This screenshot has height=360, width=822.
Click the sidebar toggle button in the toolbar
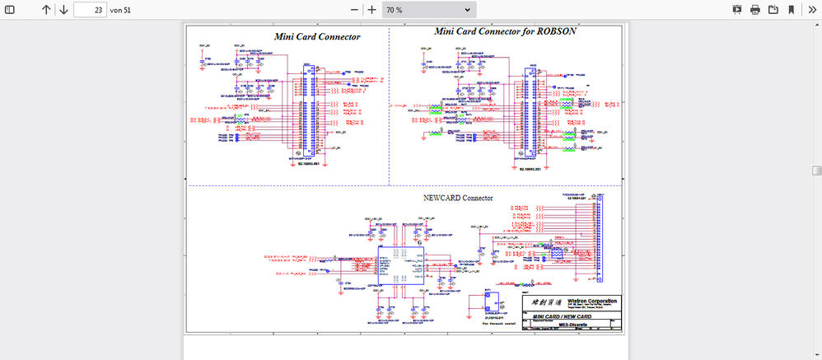(11, 10)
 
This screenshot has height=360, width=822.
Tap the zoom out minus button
(355, 10)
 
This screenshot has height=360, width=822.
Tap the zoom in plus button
(372, 10)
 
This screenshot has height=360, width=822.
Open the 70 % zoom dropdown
(429, 10)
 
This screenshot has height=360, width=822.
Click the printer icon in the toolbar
(754, 10)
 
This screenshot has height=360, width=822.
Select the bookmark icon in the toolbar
(791, 10)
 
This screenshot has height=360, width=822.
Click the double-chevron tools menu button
(810, 10)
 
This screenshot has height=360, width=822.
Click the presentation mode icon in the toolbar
(736, 10)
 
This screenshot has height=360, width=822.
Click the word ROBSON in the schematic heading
(555, 31)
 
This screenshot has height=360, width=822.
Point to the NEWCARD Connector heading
(457, 198)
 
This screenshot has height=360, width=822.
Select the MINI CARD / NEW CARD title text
(562, 317)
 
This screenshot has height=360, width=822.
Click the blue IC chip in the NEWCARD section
(399, 265)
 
